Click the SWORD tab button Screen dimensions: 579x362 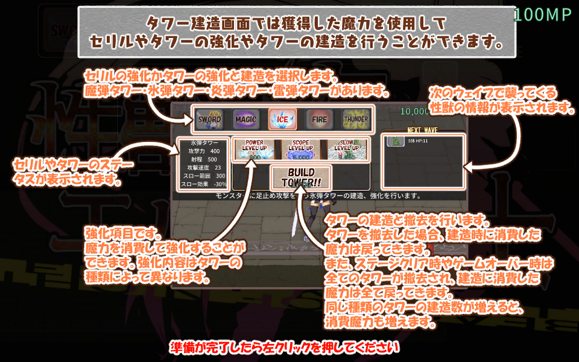pyautogui.click(x=210, y=119)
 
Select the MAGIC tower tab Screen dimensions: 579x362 pyautogui.click(x=245, y=119)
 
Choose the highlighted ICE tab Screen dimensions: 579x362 pyautogui.click(x=282, y=119)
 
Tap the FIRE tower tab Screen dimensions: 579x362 pyautogui.click(x=319, y=119)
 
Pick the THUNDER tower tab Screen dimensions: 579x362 pyautogui.click(x=356, y=119)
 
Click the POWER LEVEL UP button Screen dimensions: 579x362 pyautogui.click(x=255, y=149)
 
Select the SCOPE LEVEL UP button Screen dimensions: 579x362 pyautogui.click(x=300, y=149)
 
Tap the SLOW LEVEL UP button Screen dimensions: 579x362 pyautogui.click(x=347, y=149)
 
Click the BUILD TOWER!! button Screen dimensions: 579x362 pyautogui.click(x=301, y=177)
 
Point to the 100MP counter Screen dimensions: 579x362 pyautogui.click(x=543, y=16)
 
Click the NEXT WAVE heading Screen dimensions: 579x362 pyautogui.click(x=422, y=130)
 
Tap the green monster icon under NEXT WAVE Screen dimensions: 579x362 pyautogui.click(x=396, y=141)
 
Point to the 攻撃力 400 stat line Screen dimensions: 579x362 pyautogui.click(x=203, y=151)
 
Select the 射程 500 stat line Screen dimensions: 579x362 pyautogui.click(x=203, y=159)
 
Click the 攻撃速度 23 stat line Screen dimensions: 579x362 pyautogui.click(x=203, y=168)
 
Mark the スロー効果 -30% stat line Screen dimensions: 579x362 pyautogui.click(x=203, y=185)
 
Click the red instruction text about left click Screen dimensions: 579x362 pyautogui.click(x=285, y=348)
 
